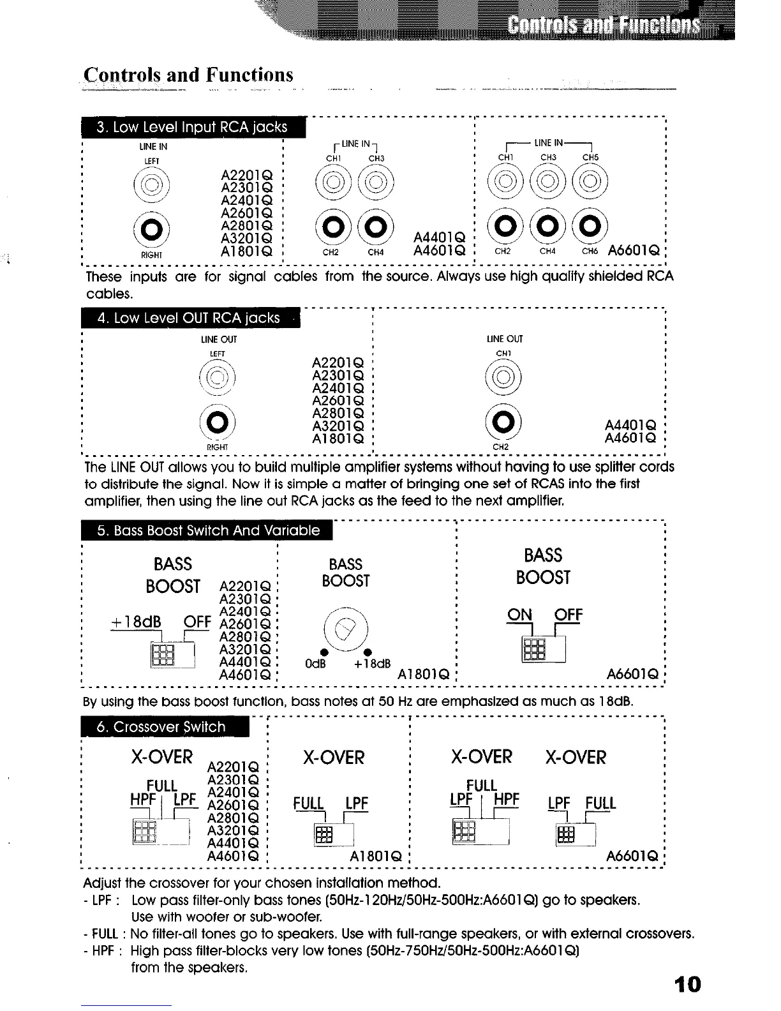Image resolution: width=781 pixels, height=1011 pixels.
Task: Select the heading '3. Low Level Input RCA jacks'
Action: coord(192,127)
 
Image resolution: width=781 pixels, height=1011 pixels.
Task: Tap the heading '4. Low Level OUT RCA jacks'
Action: coord(188,318)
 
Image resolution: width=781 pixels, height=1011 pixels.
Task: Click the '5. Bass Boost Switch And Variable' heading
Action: coord(208,530)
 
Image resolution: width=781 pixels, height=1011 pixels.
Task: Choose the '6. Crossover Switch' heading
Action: coord(161,727)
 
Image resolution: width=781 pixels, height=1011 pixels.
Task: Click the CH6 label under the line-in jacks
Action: coord(590,251)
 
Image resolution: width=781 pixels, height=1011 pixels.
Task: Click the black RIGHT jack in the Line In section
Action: coord(151,228)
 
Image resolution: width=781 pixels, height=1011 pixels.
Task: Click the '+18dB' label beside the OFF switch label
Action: coord(136,622)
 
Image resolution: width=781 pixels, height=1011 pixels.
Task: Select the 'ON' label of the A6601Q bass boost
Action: coord(519,614)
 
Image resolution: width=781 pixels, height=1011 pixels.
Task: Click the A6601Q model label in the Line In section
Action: coord(634,251)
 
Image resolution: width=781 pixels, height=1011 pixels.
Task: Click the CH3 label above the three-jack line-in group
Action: coord(548,157)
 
